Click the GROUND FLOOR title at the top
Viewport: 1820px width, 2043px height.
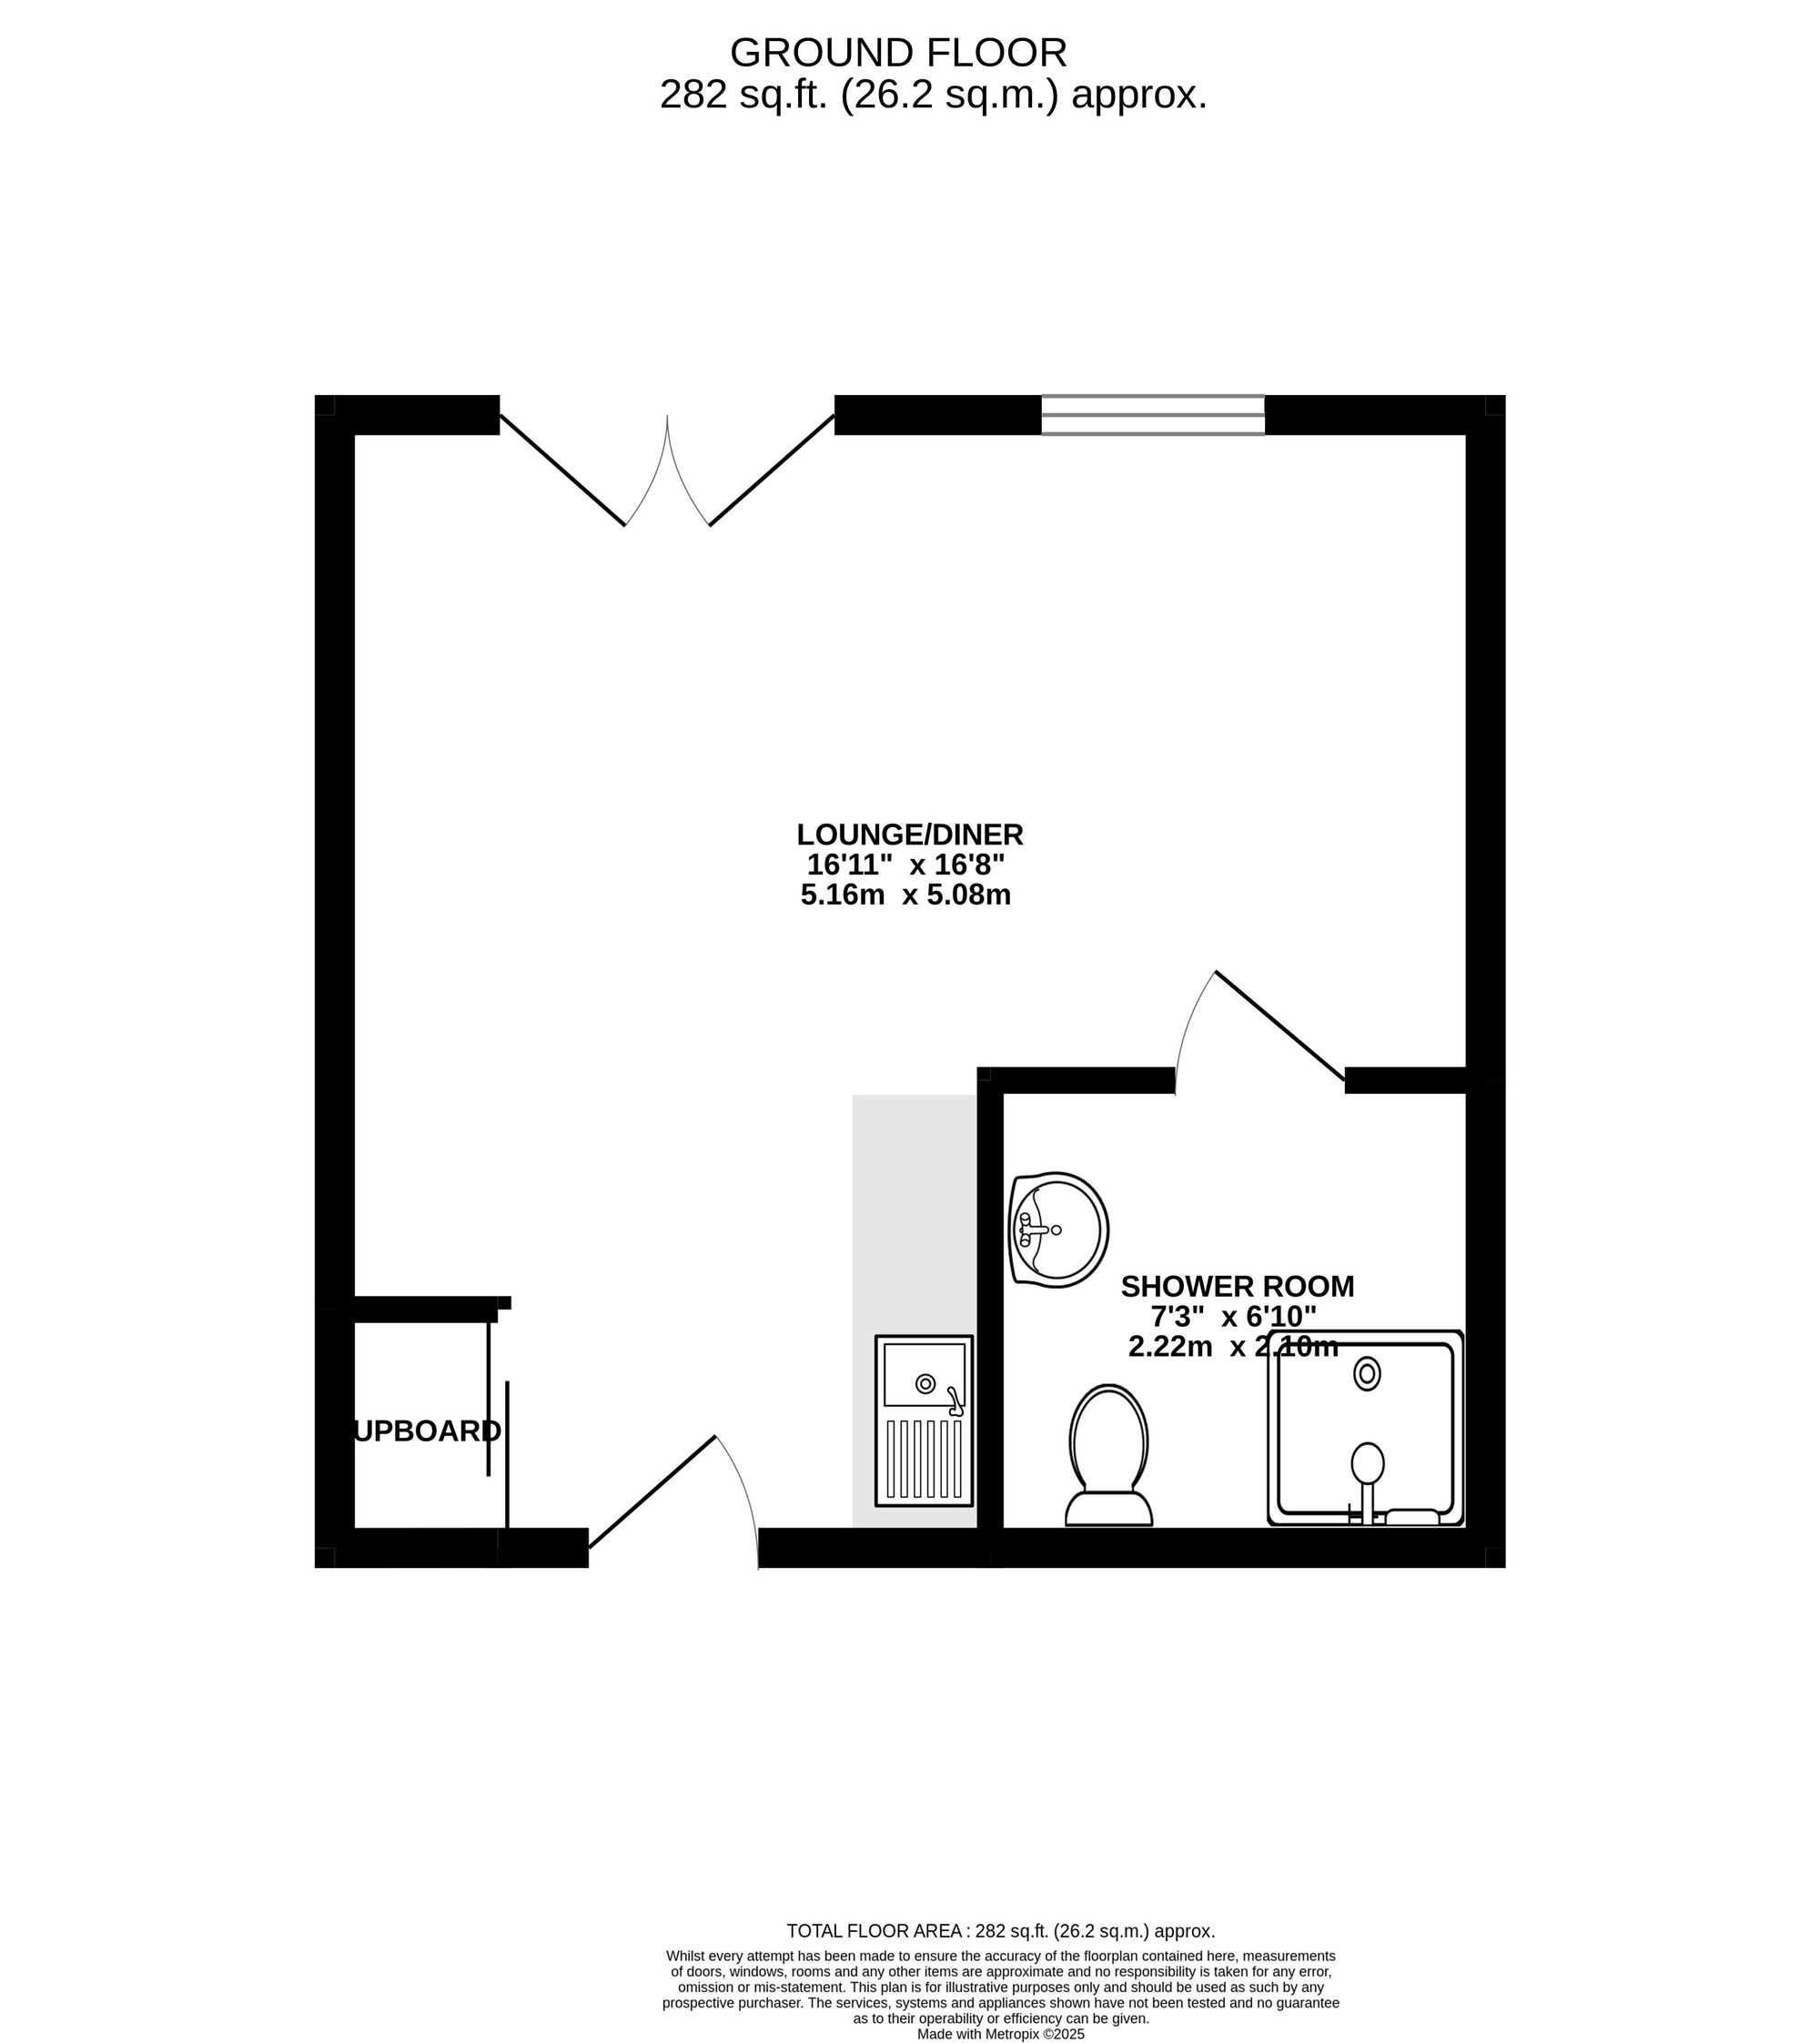coord(898,52)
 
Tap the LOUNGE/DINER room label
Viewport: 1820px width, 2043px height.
coord(909,834)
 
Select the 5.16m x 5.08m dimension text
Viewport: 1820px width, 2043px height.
coord(905,894)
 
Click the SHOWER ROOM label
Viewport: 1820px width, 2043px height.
coord(1237,1286)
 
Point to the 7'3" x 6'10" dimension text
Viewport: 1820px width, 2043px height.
coord(1233,1316)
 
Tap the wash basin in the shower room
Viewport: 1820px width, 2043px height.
coord(1058,1229)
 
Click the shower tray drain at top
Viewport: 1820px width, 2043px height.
coord(1366,1374)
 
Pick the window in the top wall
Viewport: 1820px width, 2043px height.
coord(1152,415)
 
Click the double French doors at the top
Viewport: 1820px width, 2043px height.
coord(667,470)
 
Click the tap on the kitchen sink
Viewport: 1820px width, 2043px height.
coord(955,1401)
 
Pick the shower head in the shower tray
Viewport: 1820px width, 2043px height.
coord(1367,1464)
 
